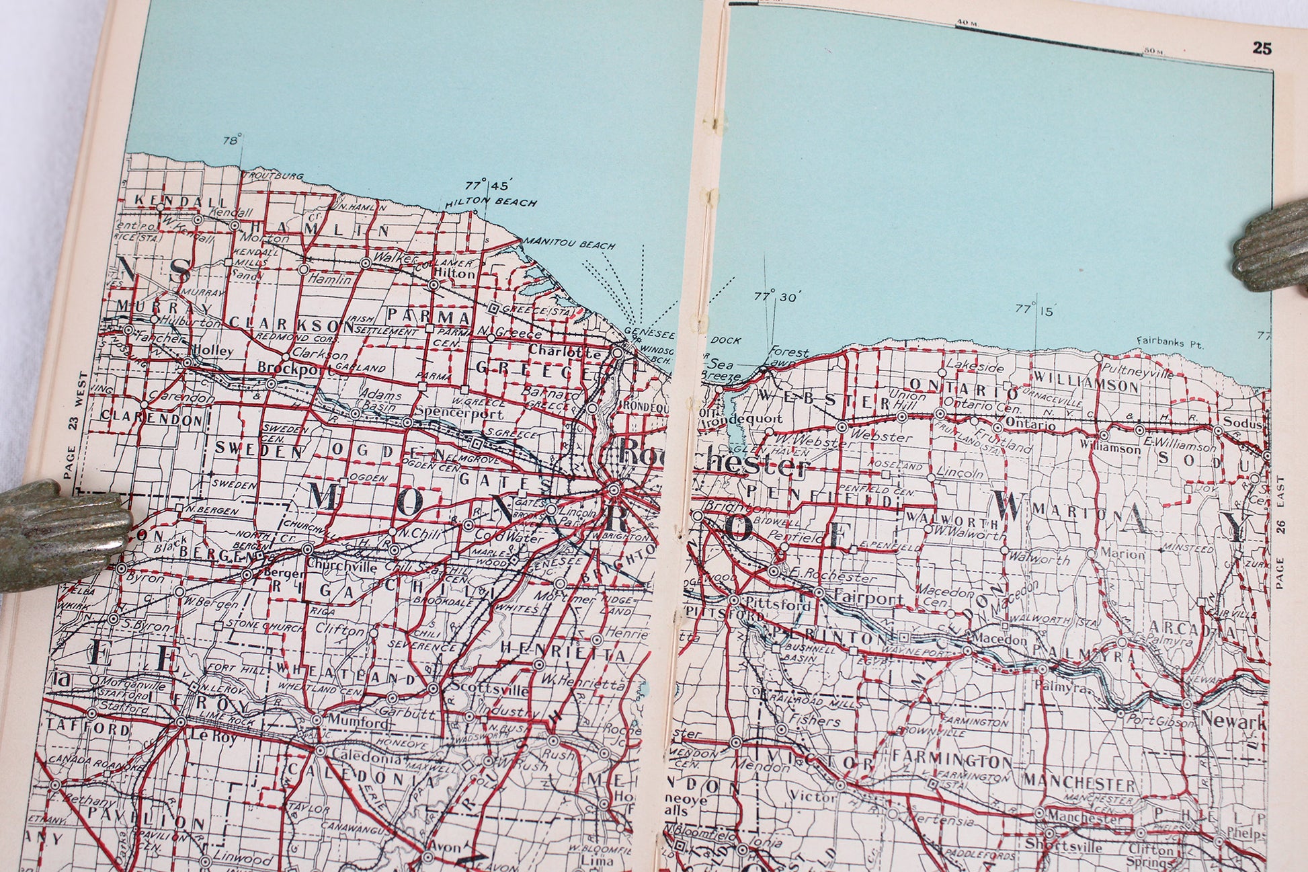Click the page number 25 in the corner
point(1261,67)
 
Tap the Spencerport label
point(450,411)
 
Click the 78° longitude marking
point(233,141)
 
